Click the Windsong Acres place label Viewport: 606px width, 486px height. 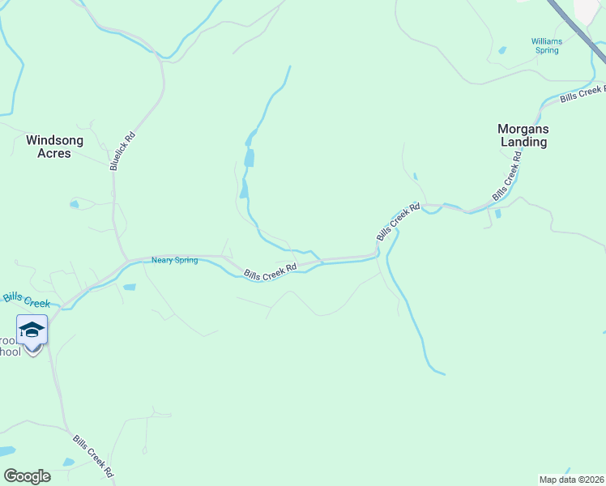click(54, 146)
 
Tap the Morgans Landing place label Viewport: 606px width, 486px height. click(523, 135)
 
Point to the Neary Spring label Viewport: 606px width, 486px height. click(174, 260)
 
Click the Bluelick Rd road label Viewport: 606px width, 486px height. click(122, 151)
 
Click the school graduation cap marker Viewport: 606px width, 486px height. click(32, 330)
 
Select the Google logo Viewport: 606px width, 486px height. click(27, 475)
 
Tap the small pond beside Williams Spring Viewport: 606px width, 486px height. click(502, 50)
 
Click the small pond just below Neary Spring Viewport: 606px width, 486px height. click(129, 287)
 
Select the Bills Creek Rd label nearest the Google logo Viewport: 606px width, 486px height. click(92, 456)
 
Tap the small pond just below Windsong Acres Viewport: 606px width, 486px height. click(75, 204)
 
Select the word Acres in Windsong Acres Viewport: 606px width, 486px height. click(54, 153)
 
